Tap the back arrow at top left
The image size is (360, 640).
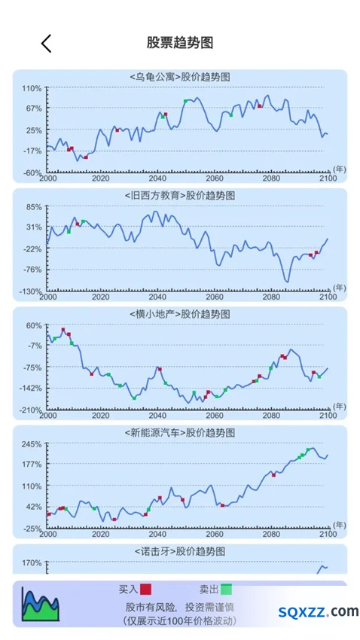point(46,43)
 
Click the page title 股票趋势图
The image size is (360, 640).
point(180,42)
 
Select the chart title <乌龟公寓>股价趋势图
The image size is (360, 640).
point(179,77)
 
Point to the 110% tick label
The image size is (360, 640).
point(32,88)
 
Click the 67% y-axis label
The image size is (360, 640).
point(35,108)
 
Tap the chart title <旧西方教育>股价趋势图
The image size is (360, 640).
point(179,196)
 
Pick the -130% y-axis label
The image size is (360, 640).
point(31,291)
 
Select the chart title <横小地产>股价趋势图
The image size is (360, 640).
point(179,314)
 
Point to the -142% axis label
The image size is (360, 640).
point(31,389)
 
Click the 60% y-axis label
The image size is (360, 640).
point(35,326)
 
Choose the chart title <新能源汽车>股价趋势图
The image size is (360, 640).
point(179,433)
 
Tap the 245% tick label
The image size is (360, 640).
point(32,444)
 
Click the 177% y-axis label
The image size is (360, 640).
point(32,465)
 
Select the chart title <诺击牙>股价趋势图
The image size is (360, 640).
point(179,551)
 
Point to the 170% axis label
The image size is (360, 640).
point(32,563)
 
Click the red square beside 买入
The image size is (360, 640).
point(145,590)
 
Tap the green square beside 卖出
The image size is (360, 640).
point(227,590)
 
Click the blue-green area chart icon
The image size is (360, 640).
point(41,604)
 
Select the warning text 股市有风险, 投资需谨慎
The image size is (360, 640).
point(179,607)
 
